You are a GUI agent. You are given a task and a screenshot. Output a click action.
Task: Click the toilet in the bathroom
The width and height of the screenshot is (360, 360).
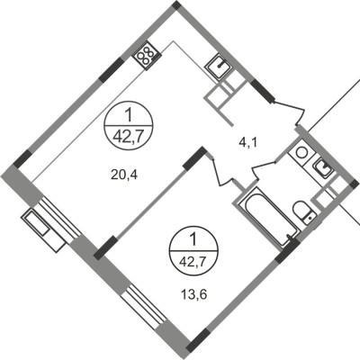click(x=306, y=212)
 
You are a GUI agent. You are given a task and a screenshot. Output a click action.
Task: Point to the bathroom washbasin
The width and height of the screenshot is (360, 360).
click(x=321, y=167)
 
